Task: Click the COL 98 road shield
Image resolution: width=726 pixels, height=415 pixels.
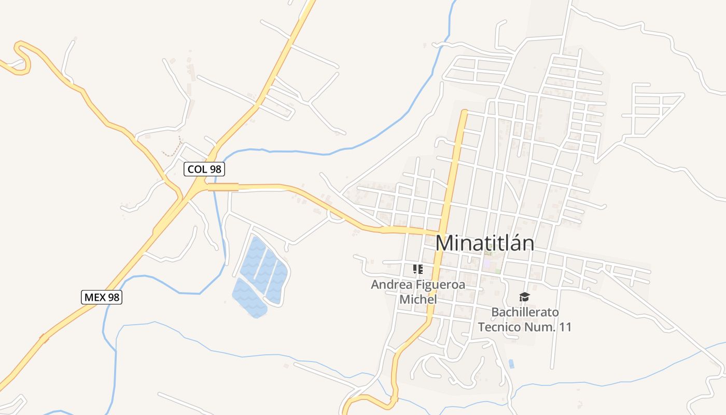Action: (x=204, y=169)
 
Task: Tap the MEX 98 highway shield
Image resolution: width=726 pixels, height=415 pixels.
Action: (x=102, y=297)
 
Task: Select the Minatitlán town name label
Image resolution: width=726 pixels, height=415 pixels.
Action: (x=484, y=243)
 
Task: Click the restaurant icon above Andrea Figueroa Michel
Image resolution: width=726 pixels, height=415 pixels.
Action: (x=417, y=269)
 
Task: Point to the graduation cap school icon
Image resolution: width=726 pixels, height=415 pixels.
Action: (x=524, y=297)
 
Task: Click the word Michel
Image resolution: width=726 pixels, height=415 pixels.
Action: (x=418, y=300)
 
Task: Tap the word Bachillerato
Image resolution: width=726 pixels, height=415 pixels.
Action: (x=525, y=312)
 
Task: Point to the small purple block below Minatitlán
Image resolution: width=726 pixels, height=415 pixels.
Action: (x=488, y=264)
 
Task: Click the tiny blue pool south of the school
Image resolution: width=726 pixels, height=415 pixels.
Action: (x=511, y=364)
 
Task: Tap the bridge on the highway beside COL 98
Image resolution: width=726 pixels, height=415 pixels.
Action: (x=224, y=187)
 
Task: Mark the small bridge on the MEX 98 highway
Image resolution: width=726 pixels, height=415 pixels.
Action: (x=45, y=339)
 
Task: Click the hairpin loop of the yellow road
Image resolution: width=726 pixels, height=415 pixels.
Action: (x=22, y=54)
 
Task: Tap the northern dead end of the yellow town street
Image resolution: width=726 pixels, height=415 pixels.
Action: (x=464, y=112)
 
